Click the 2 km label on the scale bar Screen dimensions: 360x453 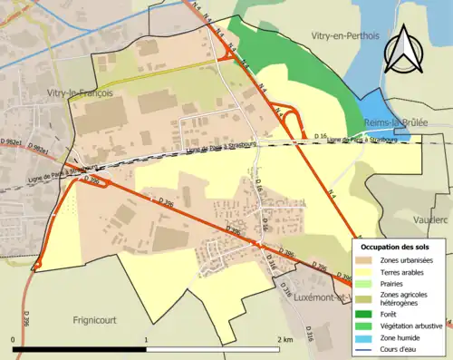click(286, 339)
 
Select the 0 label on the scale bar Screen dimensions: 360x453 click(14, 339)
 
